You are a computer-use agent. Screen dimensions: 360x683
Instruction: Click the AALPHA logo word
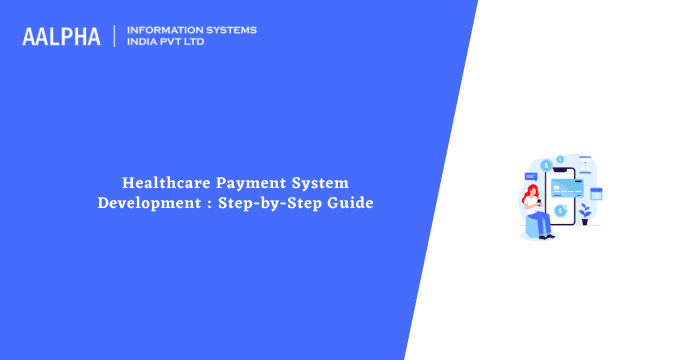pyautogui.click(x=61, y=37)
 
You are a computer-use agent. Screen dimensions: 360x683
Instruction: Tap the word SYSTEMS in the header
pyautogui.click(x=230, y=30)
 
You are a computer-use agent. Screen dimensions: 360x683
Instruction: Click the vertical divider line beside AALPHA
pyautogui.click(x=116, y=36)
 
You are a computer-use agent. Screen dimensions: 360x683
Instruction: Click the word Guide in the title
pyautogui.click(x=346, y=203)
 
